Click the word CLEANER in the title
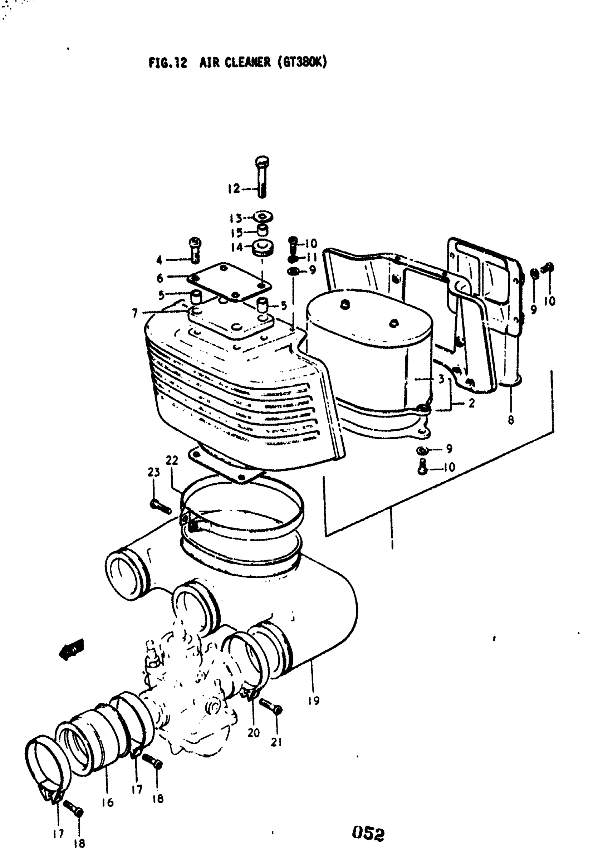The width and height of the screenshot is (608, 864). coord(247,62)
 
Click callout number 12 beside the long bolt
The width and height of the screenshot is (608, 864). coord(234,189)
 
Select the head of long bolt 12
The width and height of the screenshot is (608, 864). coord(262,162)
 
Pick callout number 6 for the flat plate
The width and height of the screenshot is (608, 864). coord(160,278)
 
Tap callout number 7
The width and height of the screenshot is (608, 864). coord(135,313)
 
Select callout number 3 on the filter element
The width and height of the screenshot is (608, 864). coord(441,379)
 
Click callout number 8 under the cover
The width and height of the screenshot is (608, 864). coord(511,420)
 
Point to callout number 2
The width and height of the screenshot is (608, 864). coord(471,403)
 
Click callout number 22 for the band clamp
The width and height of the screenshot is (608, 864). coord(172,460)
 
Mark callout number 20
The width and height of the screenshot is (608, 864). coord(254,733)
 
